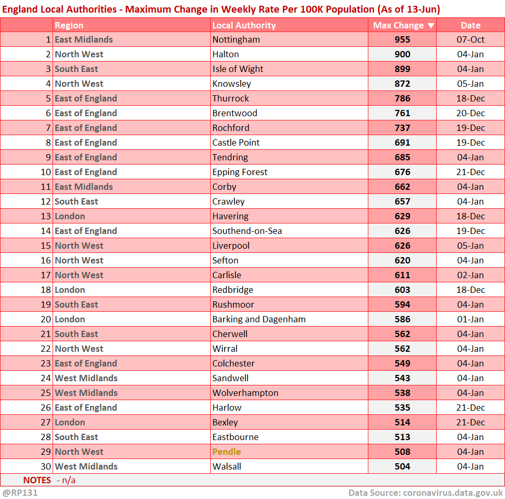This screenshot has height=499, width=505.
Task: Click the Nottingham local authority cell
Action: [x=236, y=39]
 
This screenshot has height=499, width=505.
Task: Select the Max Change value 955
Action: [x=403, y=39]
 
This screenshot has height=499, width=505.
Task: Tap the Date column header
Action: [x=470, y=25]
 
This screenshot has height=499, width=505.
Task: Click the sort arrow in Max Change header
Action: [x=431, y=25]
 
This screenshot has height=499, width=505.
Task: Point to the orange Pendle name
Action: [x=226, y=452]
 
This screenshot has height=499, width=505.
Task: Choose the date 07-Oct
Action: [x=470, y=39]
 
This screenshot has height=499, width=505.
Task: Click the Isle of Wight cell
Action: [x=238, y=69]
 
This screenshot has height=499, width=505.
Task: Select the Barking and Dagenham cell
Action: [x=259, y=319]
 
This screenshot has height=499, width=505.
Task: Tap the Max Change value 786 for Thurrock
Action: [x=403, y=98]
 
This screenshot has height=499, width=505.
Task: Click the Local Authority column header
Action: [x=244, y=25]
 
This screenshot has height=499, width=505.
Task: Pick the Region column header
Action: [x=69, y=25]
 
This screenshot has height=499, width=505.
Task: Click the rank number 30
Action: [x=47, y=466]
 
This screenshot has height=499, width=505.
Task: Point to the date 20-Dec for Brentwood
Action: [x=470, y=113]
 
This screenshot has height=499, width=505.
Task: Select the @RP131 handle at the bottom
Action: [x=20, y=493]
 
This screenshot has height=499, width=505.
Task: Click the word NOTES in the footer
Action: [x=37, y=480]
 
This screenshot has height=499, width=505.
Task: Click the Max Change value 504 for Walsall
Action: [x=403, y=466]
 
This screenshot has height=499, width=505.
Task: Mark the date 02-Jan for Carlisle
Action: [x=470, y=275]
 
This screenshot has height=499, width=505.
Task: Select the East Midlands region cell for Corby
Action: [x=84, y=187]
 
